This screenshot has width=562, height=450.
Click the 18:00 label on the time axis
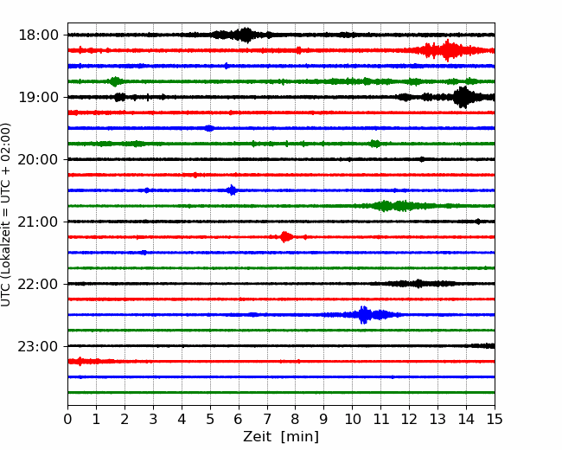pos(38,35)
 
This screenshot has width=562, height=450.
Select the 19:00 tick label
pos(38,97)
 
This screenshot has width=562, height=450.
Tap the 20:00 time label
pos(38,160)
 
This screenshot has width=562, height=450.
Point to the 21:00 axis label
pos(38,222)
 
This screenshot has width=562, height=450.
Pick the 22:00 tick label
pos(38,284)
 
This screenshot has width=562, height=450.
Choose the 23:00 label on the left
pos(38,347)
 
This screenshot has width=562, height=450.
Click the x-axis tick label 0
pos(67,419)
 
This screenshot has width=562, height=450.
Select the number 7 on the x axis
pos(267,419)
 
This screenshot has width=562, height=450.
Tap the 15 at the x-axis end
pos(495,419)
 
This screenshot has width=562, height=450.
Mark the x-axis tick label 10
pos(352,419)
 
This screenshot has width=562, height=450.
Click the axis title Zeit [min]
pos(281,437)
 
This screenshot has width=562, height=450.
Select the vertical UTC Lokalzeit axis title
pos(6,215)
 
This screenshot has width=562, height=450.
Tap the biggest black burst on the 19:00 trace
pos(463,97)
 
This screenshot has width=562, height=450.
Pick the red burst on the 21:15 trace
pos(285,237)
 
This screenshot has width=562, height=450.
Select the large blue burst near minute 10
pos(364,315)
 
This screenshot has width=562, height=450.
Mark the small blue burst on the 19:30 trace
pos(209,128)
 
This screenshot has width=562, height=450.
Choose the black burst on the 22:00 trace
pos(418,284)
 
